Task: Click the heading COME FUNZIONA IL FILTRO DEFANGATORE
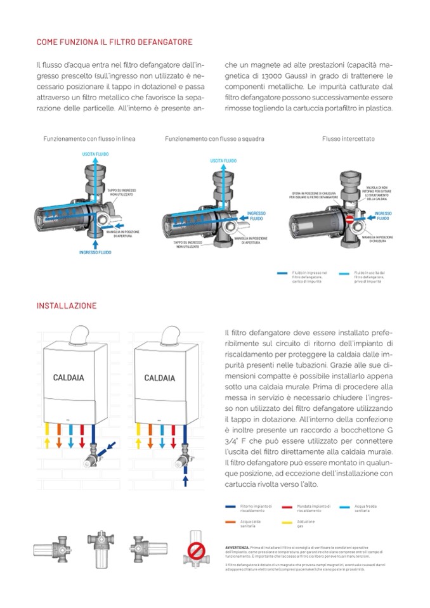pos(114,42)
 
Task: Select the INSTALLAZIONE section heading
pos(67,306)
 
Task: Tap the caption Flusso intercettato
pos(348,138)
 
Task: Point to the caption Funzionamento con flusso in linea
pos(89,138)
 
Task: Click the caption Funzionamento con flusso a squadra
pos(214,138)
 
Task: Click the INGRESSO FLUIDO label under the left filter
pos(95,252)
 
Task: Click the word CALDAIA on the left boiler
pos(68,378)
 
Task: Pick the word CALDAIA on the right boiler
pos(159,378)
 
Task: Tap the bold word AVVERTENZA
pos(237,546)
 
